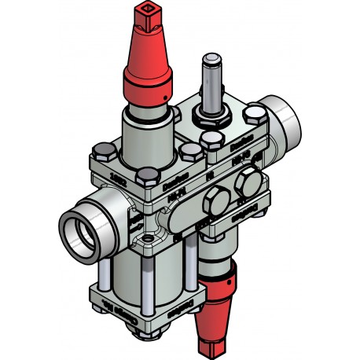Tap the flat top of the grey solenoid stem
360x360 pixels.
click(211, 59)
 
